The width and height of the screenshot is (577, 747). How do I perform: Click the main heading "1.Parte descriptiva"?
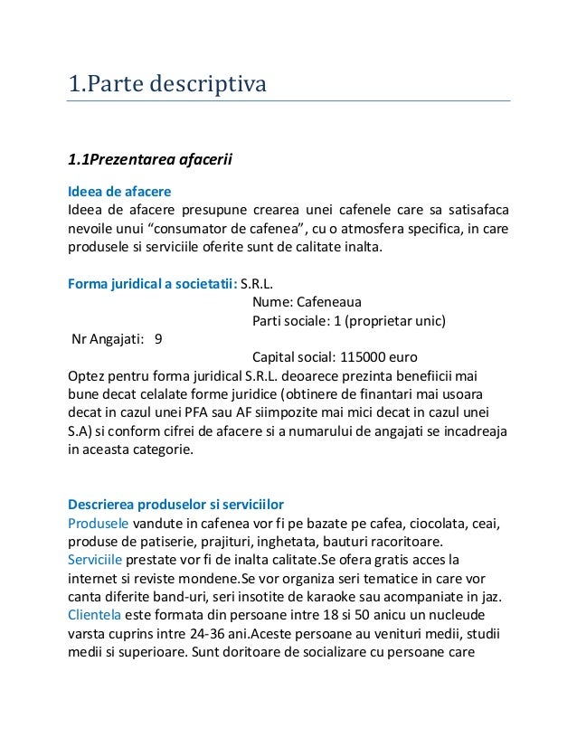click(168, 86)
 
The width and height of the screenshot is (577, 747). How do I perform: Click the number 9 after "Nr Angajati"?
click(159, 339)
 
